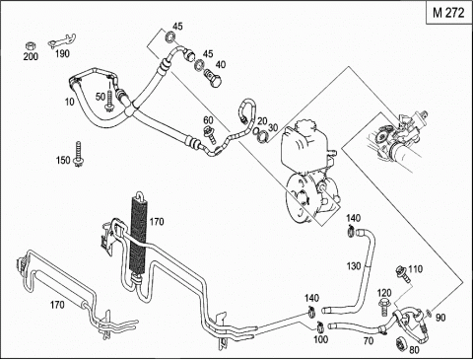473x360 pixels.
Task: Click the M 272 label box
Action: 449,13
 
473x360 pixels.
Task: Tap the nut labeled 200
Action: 31,45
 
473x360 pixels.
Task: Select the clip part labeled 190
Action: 62,40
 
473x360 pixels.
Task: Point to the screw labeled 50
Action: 108,102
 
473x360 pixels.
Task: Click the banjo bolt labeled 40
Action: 213,78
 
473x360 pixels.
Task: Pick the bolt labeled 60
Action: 210,134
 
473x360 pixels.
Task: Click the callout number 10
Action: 70,102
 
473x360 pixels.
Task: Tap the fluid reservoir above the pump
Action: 307,143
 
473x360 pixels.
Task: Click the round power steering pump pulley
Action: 301,198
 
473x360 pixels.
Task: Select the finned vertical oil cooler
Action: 139,234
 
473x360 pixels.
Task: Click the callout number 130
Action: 354,265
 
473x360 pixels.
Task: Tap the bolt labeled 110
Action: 403,272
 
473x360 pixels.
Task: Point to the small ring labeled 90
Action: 429,313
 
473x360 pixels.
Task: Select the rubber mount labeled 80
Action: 401,344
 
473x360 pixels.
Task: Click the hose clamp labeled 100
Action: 319,326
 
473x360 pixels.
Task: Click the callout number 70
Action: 369,341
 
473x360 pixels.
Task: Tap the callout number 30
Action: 273,127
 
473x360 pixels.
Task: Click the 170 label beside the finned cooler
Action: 157,222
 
